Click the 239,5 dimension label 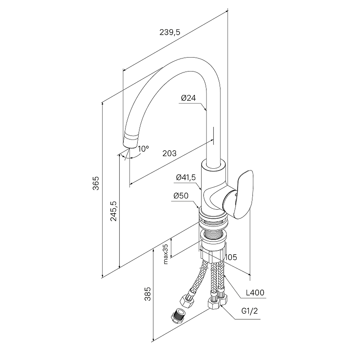click(x=170, y=32)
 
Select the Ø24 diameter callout click(x=188, y=98)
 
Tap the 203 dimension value click(x=170, y=153)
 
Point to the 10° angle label click(x=144, y=149)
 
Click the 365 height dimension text click(x=96, y=183)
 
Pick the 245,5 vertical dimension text click(x=114, y=211)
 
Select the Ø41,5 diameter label click(x=186, y=177)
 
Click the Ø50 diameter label click(x=181, y=196)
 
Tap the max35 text click(x=166, y=254)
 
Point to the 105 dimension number click(x=231, y=257)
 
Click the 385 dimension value click(x=148, y=294)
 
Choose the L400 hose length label click(x=255, y=292)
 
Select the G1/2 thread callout click(x=250, y=311)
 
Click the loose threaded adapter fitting click(x=178, y=316)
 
